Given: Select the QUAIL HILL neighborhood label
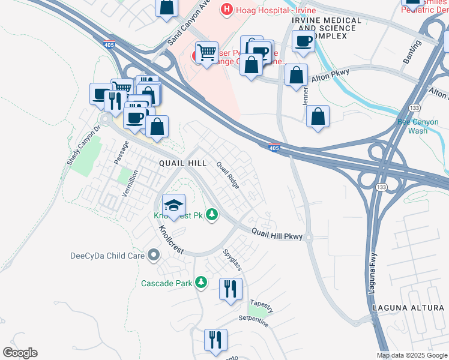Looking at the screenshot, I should pos(182,163).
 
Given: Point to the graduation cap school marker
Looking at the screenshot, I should pos(173,205).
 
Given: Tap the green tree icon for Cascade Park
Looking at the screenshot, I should pos(201,282).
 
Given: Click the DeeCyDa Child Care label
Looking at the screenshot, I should pos(107,256).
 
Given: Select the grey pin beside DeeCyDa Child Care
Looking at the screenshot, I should pos(154,256).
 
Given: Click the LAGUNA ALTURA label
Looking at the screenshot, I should pos(408,308).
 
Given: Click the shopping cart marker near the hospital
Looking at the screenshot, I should pos(206,52).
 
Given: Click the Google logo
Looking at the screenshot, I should pos(20,352).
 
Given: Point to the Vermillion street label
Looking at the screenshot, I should pos(130,183).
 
